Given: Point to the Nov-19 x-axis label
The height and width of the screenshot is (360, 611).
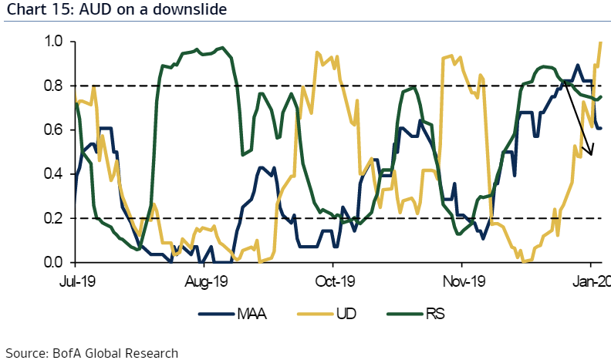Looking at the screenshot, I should (465, 281).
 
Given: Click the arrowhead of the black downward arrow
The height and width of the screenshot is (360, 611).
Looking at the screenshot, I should (592, 153).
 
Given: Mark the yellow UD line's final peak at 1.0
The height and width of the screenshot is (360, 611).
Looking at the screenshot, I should (600, 42).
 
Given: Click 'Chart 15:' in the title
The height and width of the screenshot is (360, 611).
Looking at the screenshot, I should (35, 10).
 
